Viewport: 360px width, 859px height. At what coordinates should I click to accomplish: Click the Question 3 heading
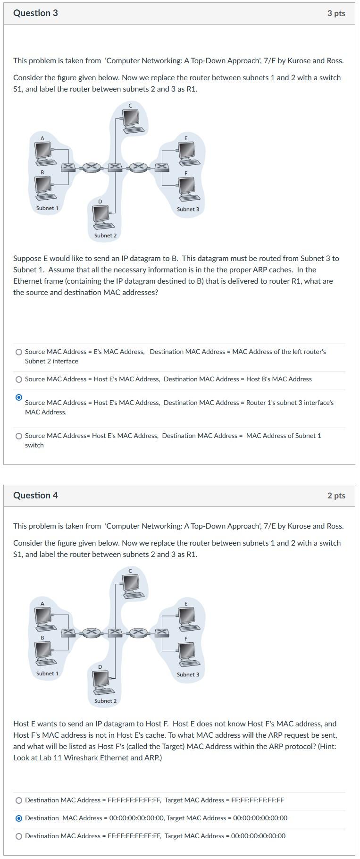pyautogui.click(x=35, y=13)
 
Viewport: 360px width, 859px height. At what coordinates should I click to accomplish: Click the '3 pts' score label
pyautogui.click(x=336, y=13)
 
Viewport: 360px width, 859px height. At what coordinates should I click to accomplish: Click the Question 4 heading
pyautogui.click(x=35, y=495)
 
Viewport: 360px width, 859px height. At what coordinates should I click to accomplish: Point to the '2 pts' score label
pyautogui.click(x=336, y=496)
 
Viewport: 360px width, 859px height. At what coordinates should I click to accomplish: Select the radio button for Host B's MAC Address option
pyautogui.click(x=19, y=379)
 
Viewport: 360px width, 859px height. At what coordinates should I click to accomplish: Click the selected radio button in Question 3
pyautogui.click(x=19, y=397)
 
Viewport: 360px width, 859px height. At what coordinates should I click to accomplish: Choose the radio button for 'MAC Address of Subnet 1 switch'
pyautogui.click(x=19, y=436)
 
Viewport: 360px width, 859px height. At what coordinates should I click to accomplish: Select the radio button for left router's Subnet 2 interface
pyautogui.click(x=19, y=352)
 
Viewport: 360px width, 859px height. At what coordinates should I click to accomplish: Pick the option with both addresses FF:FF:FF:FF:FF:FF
pyautogui.click(x=19, y=800)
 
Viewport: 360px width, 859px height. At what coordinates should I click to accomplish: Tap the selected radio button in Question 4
pyautogui.click(x=19, y=818)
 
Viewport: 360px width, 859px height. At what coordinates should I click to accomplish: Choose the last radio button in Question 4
pyautogui.click(x=19, y=836)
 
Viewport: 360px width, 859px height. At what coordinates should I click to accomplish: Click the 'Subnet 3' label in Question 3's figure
pyautogui.click(x=188, y=209)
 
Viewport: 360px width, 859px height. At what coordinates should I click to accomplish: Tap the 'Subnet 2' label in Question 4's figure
pyautogui.click(x=105, y=701)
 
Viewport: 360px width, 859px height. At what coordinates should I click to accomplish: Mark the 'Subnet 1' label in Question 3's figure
pyautogui.click(x=47, y=208)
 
